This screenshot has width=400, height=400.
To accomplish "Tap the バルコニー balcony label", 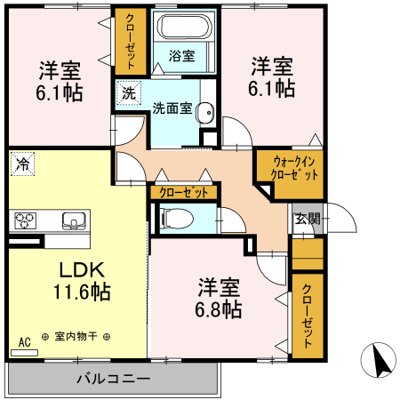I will [112, 378].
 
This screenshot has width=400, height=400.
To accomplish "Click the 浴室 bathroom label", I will [183, 55].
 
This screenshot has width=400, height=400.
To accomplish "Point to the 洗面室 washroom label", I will [171, 110].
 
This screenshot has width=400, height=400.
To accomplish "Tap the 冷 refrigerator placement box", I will [21, 164].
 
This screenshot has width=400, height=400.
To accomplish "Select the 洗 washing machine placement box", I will [129, 92].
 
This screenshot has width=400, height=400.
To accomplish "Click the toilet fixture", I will [173, 216].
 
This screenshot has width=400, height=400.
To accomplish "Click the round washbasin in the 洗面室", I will [204, 112].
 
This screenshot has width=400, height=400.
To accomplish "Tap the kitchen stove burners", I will [25, 220].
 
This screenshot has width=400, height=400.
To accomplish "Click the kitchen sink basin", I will [72, 220].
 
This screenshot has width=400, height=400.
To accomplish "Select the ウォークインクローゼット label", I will [291, 167].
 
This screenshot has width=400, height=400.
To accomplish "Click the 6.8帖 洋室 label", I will [219, 298].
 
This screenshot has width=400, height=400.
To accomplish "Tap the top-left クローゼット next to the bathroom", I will [131, 41].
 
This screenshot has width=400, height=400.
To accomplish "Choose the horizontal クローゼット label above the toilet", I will [185, 192].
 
